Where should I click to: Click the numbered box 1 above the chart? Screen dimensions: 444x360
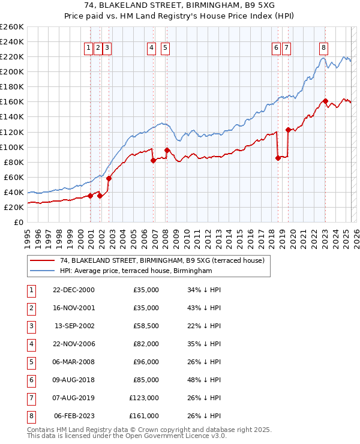pos(89,48)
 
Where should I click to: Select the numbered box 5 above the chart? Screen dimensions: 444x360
pos(164,48)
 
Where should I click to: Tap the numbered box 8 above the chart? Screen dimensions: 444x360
pos(323,48)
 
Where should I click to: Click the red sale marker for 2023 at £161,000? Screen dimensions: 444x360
pos(325,101)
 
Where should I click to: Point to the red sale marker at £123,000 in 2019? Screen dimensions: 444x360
pos(289,130)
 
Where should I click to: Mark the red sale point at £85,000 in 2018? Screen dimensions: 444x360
pos(278,158)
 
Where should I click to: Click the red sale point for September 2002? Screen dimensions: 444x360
pos(109,178)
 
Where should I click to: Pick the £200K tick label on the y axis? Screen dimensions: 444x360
pos(12,71)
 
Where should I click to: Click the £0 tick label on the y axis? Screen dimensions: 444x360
pos(18,222)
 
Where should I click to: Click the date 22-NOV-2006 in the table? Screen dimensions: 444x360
pos(74,344)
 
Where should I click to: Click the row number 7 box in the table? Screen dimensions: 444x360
pos(29,398)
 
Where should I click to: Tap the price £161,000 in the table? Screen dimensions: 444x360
pos(144,416)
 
